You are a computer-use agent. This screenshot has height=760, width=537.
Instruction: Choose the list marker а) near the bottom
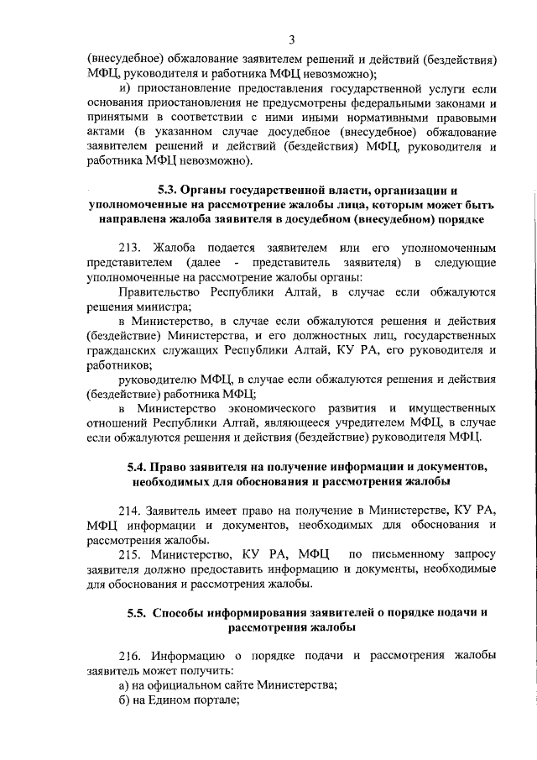(123, 684)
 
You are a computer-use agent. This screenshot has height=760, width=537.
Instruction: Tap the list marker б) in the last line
(123, 700)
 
